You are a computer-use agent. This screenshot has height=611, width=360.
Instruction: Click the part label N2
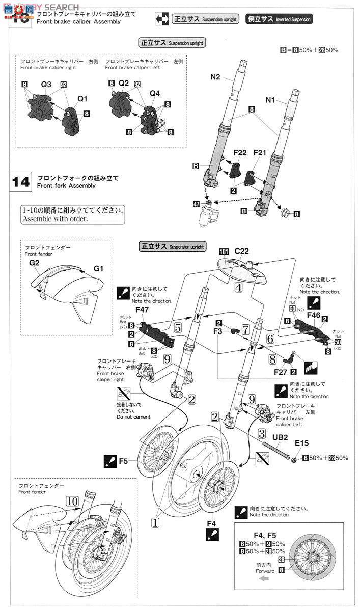tap(215, 77)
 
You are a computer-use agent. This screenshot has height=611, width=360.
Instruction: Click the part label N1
tap(270, 100)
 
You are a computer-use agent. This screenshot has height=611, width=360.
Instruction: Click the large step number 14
tap(21, 182)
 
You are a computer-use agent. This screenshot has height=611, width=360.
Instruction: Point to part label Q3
tap(46, 83)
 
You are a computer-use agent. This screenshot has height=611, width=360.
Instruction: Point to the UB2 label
tap(282, 437)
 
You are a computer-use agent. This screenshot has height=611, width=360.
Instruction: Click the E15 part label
tap(301, 443)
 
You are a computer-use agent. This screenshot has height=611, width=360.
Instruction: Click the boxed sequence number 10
tap(72, 502)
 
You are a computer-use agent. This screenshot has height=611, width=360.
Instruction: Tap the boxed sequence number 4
tap(238, 287)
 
